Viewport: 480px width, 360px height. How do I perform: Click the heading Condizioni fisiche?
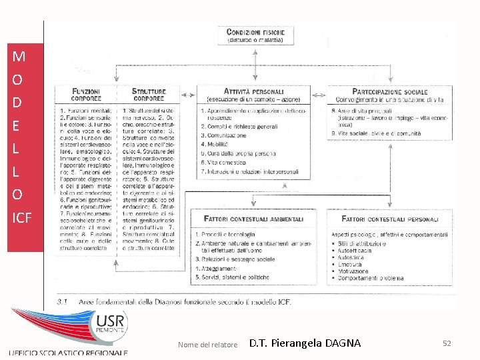[x=255, y=31]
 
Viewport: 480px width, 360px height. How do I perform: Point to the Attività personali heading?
[x=254, y=91]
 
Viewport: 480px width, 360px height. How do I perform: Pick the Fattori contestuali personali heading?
[x=390, y=218]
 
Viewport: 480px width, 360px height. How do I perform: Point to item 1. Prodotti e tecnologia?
[x=227, y=235]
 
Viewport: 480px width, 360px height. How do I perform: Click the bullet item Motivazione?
[x=353, y=271]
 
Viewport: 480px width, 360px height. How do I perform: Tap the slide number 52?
[x=447, y=343]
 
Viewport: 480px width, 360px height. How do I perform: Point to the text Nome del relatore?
[x=208, y=345]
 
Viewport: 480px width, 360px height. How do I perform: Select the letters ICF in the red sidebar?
[x=22, y=217]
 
